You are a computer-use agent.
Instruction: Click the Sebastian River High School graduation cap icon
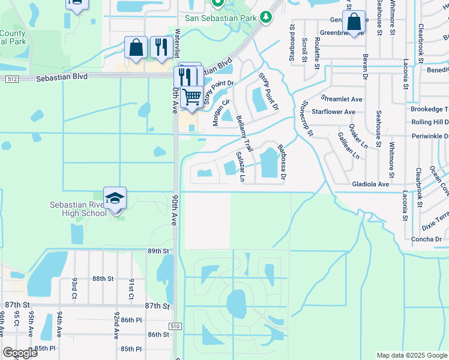(115, 197)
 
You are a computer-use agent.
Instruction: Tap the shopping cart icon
(191, 96)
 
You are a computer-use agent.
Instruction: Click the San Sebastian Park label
(220, 17)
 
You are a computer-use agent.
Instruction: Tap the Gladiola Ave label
(372, 184)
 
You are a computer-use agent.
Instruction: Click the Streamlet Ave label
(342, 98)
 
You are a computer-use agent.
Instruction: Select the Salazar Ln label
(241, 166)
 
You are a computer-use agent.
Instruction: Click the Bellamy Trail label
(247, 133)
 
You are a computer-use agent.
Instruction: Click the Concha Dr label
(426, 239)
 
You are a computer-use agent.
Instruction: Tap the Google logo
(20, 353)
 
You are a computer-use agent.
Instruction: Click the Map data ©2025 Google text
(411, 355)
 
